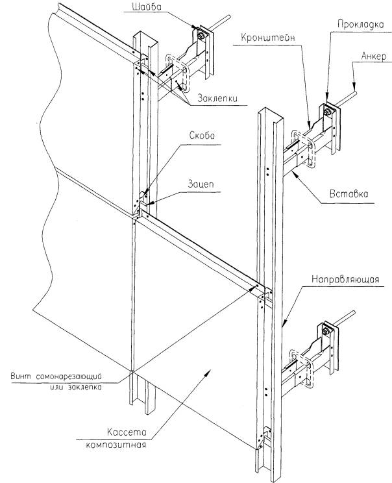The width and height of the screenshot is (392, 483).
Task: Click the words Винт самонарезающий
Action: click(65, 376)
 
